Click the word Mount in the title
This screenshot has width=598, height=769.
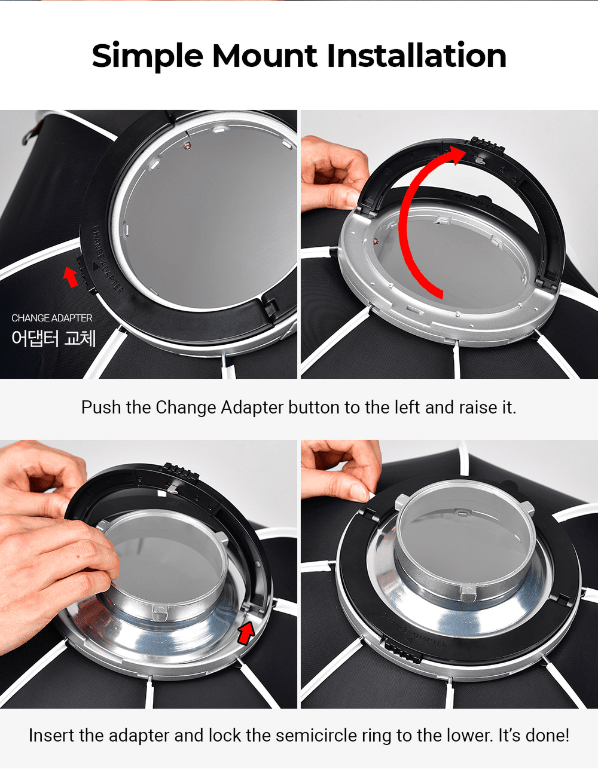click(264, 56)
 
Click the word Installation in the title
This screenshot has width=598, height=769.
click(416, 56)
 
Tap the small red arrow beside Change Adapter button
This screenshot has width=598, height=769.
click(71, 277)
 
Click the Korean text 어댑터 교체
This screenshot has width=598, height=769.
click(54, 338)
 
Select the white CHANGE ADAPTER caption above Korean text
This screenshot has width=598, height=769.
click(52, 318)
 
